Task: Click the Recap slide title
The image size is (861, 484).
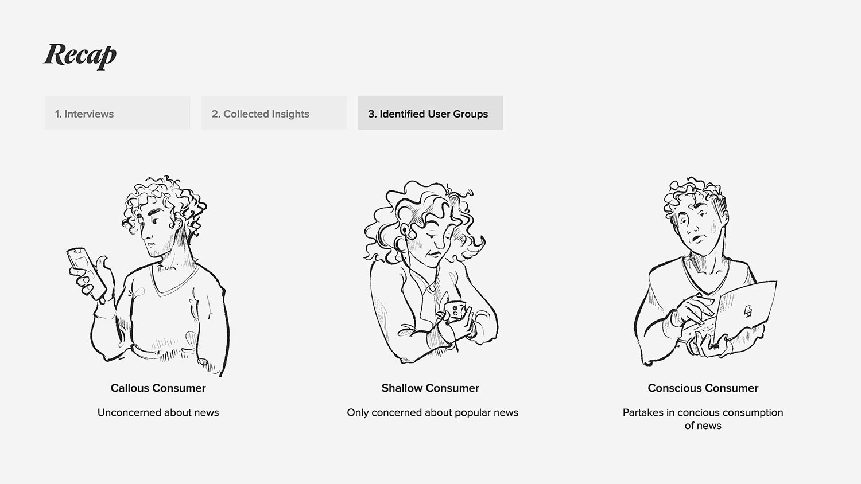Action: [x=80, y=55]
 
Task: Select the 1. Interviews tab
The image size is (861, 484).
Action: [x=117, y=112]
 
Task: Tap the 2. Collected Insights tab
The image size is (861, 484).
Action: [x=274, y=112]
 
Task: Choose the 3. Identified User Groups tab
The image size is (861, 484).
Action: [x=430, y=112]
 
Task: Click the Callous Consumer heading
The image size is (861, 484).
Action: [x=158, y=388]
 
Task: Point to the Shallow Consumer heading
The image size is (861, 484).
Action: [x=430, y=388]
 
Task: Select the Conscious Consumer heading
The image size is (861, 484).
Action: [x=703, y=388]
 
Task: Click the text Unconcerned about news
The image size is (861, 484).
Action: [x=158, y=412]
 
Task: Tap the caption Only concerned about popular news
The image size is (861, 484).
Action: [x=432, y=412]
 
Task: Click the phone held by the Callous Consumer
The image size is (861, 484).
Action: [x=87, y=273]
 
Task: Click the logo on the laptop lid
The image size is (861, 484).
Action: [x=747, y=311]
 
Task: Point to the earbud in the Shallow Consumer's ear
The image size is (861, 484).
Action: [x=405, y=231]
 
